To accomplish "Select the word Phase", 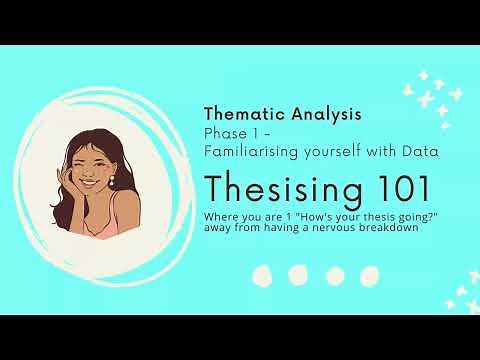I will click(223, 133).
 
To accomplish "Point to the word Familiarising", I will click(249, 151).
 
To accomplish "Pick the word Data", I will click(419, 151).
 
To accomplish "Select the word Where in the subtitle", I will click(219, 215).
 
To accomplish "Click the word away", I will click(218, 226).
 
